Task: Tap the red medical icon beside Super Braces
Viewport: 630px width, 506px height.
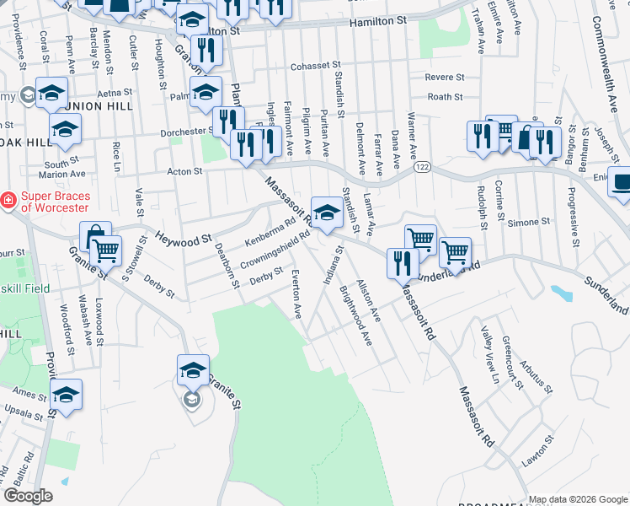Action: (x=8, y=201)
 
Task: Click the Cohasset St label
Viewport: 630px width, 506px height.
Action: (x=314, y=65)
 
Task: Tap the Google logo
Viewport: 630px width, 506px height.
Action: (x=29, y=496)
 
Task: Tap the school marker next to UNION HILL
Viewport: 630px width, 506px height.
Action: (x=52, y=92)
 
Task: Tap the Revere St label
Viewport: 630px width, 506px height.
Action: (x=445, y=77)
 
